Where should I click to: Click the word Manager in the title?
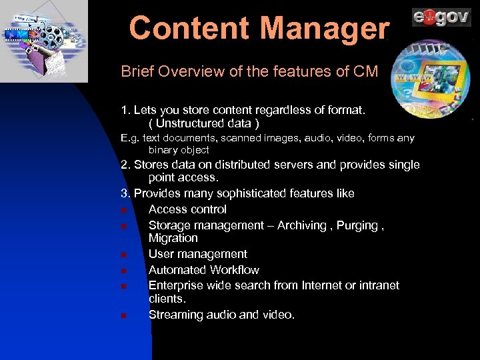pos(325,29)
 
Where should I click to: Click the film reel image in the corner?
pos(43,40)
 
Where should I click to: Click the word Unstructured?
pos(191,123)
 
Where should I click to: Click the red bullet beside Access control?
pos(125,210)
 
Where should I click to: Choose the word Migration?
pos(173,238)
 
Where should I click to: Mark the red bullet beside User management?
pos(125,255)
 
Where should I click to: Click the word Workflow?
pos(234,270)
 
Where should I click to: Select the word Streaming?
pos(174,315)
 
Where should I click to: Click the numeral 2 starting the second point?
pos(124,165)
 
